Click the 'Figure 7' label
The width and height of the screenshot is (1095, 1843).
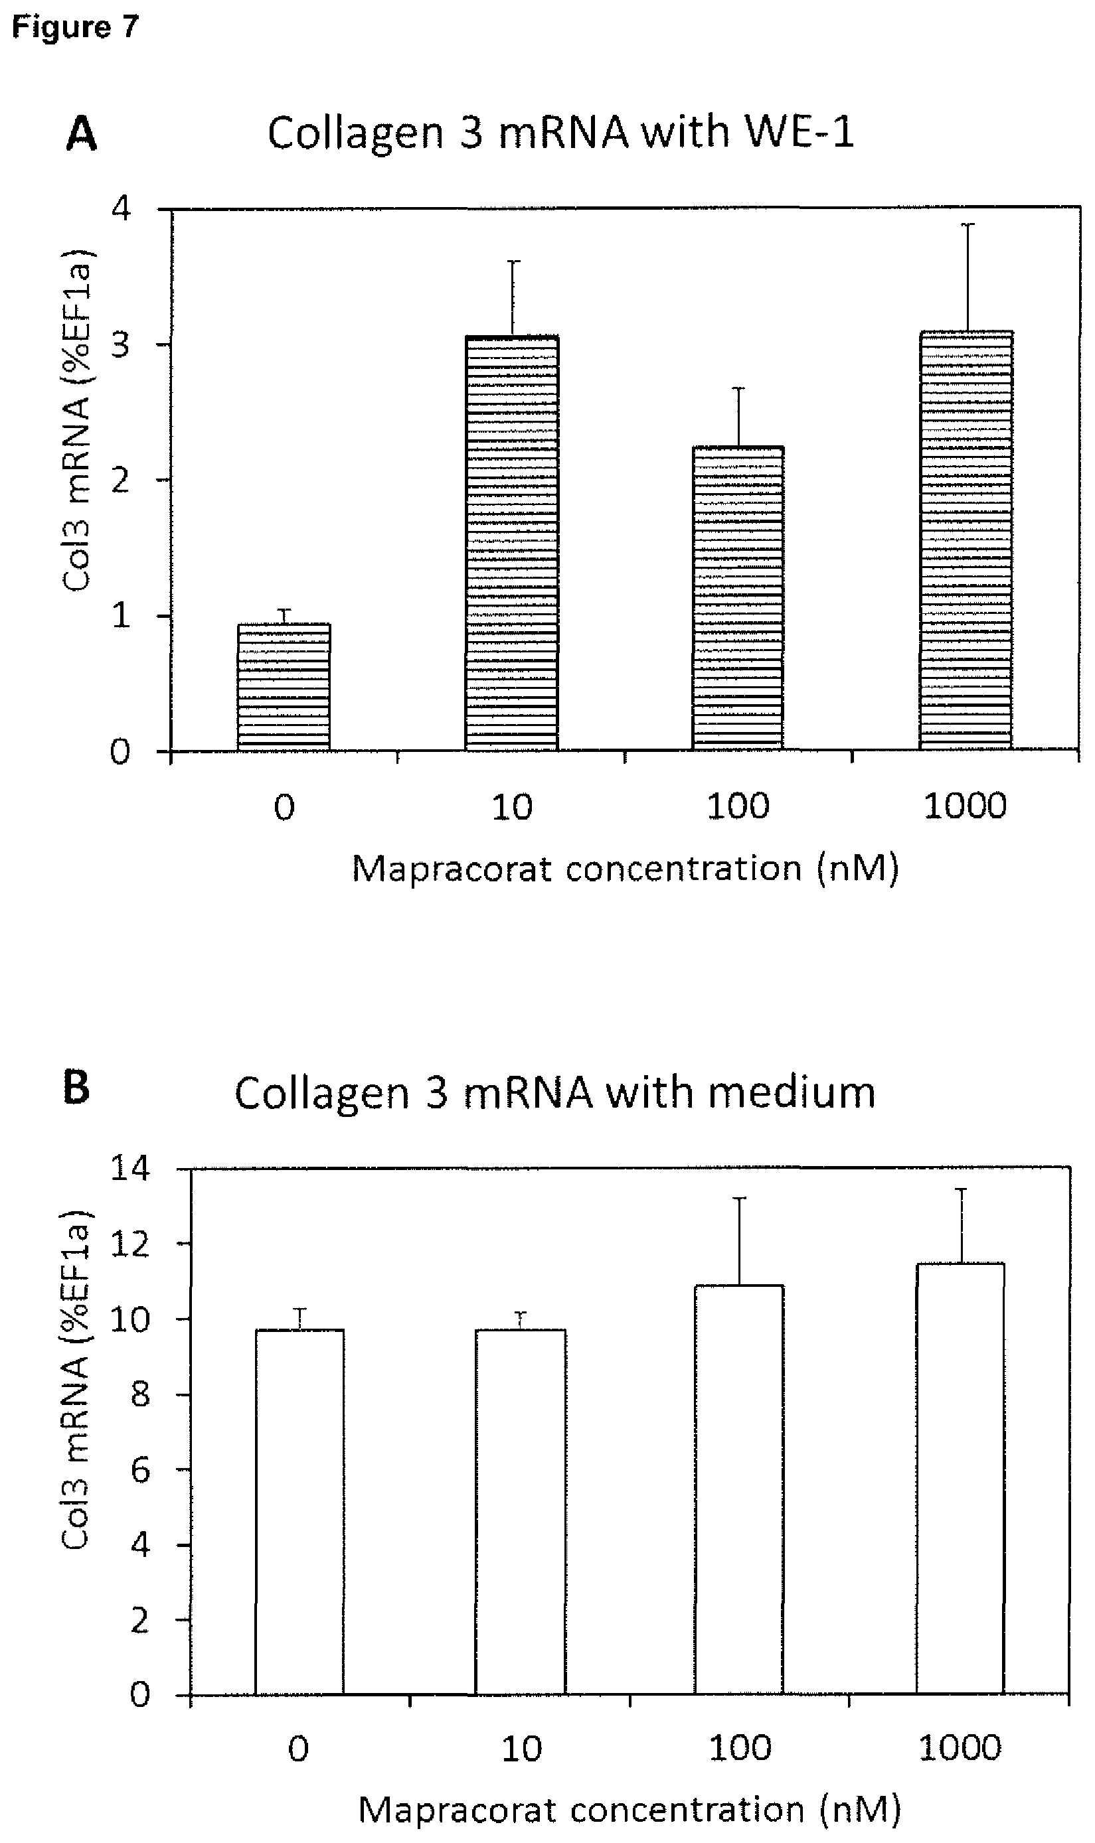75,27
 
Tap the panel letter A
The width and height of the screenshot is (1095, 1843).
81,135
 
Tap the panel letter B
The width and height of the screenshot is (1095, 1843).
77,1088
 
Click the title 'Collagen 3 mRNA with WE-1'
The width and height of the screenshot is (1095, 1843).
560,133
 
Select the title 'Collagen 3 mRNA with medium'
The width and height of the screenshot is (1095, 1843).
555,1093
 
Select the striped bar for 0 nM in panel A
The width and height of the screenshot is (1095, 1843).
284,688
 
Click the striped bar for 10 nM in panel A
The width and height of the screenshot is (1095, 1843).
511,544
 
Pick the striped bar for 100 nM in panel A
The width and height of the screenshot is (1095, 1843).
738,599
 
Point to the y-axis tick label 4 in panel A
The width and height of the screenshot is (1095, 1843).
120,210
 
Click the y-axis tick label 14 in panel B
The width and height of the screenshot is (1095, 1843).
131,1168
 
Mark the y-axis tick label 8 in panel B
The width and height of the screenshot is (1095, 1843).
140,1394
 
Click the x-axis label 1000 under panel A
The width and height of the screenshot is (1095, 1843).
964,806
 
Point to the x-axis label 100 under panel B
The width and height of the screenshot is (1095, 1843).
739,1748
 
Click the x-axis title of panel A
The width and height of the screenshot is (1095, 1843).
625,868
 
